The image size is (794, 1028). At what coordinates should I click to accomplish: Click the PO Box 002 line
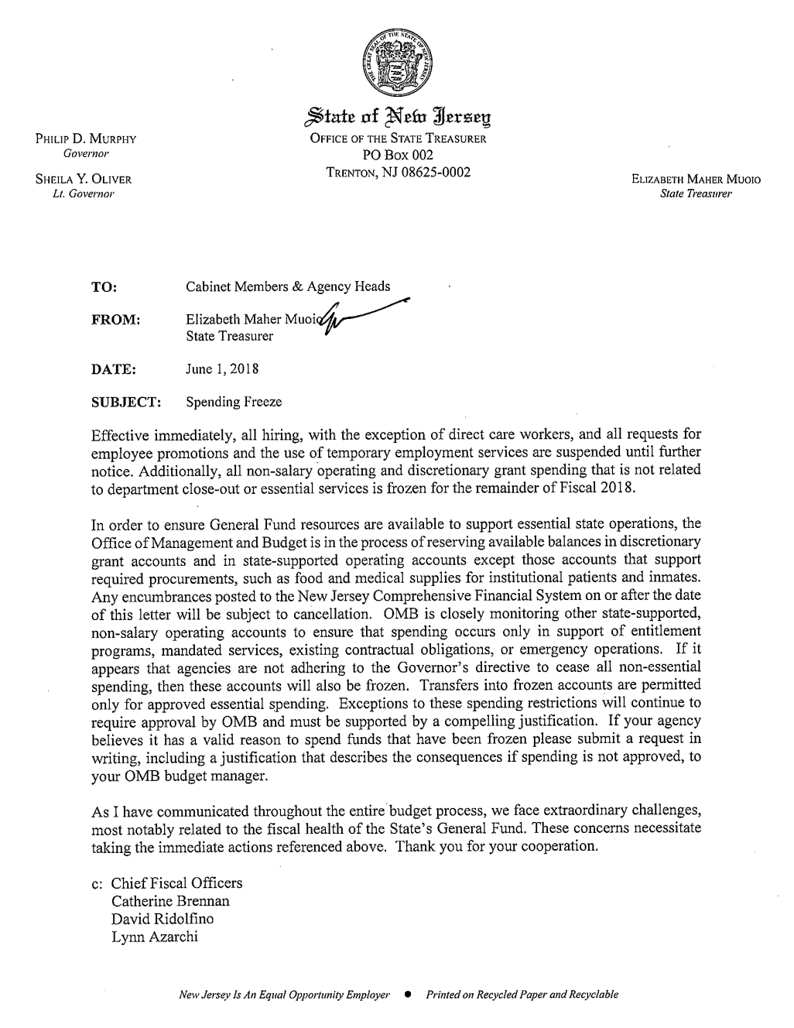coord(397,156)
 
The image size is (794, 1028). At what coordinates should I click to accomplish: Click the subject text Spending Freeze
coord(234,403)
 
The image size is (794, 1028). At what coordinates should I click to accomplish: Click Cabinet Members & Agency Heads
coord(288,286)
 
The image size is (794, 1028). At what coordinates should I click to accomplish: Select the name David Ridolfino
coord(163,920)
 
